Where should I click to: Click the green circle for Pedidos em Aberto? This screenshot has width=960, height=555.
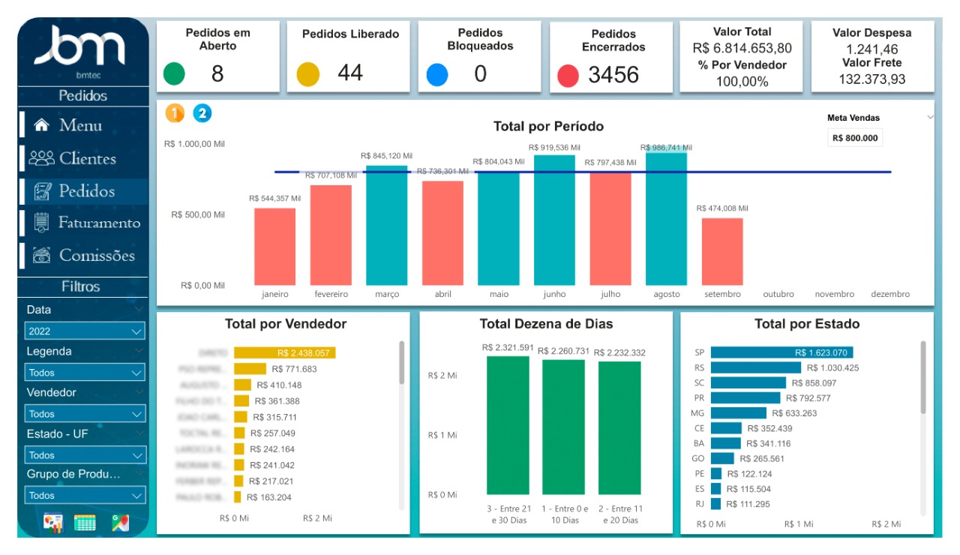pyautogui.click(x=175, y=73)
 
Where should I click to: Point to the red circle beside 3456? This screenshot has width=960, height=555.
pyautogui.click(x=568, y=75)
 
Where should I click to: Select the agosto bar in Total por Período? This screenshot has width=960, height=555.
pyautogui.click(x=666, y=218)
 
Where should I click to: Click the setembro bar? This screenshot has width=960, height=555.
pyautogui.click(x=721, y=251)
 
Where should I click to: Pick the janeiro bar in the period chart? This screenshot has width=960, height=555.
pyautogui.click(x=274, y=246)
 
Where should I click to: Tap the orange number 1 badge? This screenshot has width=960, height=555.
pyautogui.click(x=175, y=113)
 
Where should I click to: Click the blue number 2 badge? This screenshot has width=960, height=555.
pyautogui.click(x=202, y=113)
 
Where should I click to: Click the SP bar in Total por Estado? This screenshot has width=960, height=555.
pyautogui.click(x=781, y=352)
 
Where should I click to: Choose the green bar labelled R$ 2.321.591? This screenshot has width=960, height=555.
pyautogui.click(x=508, y=424)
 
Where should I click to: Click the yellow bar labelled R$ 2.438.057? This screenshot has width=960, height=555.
pyautogui.click(x=284, y=352)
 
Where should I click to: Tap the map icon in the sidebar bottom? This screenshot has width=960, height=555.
pyautogui.click(x=120, y=523)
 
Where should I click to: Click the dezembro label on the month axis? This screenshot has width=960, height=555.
pyautogui.click(x=890, y=295)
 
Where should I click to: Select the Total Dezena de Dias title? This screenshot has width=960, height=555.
pyautogui.click(x=546, y=324)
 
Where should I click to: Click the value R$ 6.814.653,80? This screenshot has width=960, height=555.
pyautogui.click(x=742, y=48)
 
